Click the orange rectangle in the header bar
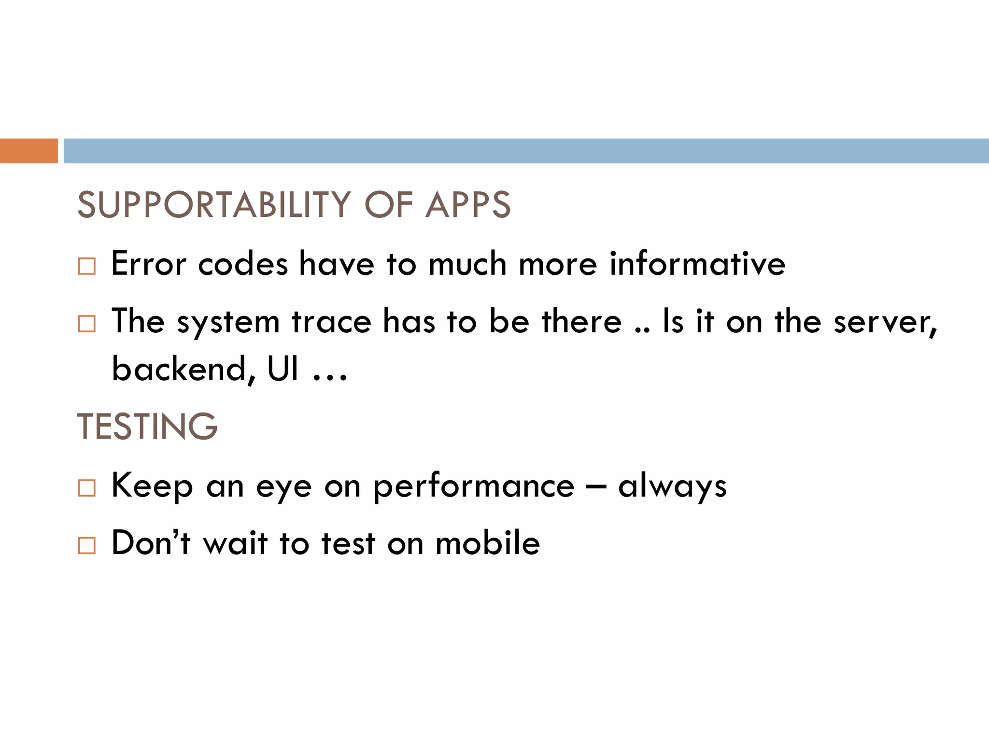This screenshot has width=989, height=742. pyautogui.click(x=28, y=151)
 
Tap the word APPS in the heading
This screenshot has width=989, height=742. pyautogui.click(x=467, y=205)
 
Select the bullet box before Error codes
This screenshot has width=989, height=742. pyautogui.click(x=87, y=266)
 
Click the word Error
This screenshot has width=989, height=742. pyautogui.click(x=148, y=264)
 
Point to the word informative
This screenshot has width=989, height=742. pyautogui.click(x=697, y=264)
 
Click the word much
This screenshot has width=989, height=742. pyautogui.click(x=467, y=264)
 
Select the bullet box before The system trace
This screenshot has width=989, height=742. pyautogui.click(x=87, y=324)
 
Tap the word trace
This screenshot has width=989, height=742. pyautogui.click(x=331, y=322)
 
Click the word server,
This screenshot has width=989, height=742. pyautogui.click(x=885, y=322)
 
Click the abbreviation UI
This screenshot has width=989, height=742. pyautogui.click(x=283, y=369)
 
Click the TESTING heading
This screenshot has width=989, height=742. pyautogui.click(x=147, y=427)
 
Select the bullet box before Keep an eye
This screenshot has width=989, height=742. pyautogui.click(x=87, y=488)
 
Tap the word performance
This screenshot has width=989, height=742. pyautogui.click(x=474, y=487)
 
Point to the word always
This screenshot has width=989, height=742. pyautogui.click(x=672, y=487)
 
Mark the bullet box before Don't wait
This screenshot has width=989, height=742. pyautogui.click(x=87, y=545)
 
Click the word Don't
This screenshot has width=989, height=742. pyautogui.click(x=151, y=543)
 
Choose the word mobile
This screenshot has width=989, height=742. pyautogui.click(x=487, y=543)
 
